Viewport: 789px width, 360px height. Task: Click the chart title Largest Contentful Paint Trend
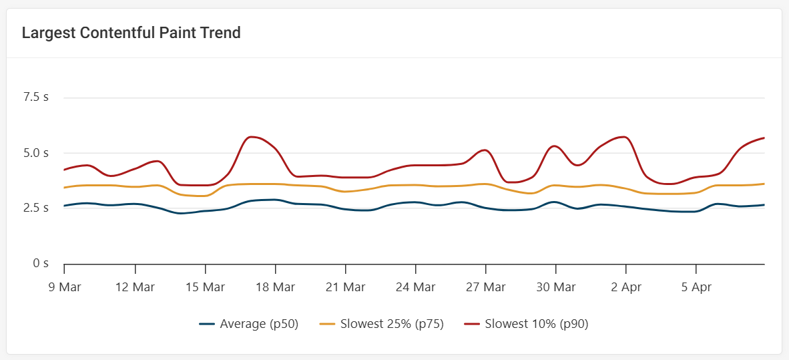(131, 33)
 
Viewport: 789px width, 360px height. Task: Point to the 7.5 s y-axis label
(36, 97)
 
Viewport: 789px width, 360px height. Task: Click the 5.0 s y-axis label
(36, 152)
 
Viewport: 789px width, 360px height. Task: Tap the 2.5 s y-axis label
(36, 208)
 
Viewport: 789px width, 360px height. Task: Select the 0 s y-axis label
(41, 263)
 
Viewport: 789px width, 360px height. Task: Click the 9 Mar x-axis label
(64, 287)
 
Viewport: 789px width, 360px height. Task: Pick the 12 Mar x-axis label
(135, 287)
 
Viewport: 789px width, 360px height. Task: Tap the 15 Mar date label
(205, 287)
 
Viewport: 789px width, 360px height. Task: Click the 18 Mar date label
(275, 287)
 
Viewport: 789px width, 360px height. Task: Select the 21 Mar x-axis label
(345, 287)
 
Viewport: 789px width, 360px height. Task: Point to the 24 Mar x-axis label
(415, 287)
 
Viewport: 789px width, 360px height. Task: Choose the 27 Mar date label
(485, 287)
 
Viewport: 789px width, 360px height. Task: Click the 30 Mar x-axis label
(555, 287)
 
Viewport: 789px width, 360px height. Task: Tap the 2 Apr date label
(625, 287)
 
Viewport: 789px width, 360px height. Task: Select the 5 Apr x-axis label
(696, 287)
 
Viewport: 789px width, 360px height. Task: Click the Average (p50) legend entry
(249, 325)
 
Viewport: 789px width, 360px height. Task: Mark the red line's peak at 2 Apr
(624, 137)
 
